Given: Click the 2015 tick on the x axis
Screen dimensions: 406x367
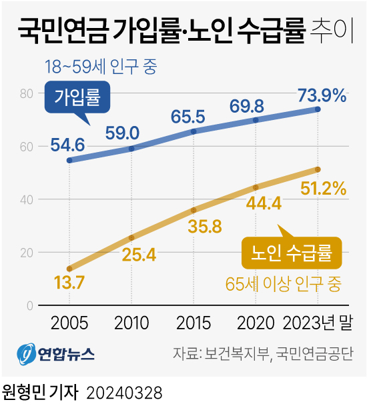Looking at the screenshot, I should (x=194, y=323).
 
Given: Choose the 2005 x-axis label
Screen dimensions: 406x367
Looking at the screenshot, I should (x=69, y=323).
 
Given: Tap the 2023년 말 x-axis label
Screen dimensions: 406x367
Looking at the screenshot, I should (x=318, y=323).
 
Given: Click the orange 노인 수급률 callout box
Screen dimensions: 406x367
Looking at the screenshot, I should (x=290, y=253).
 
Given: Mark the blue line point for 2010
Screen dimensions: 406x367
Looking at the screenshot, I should (x=131, y=148).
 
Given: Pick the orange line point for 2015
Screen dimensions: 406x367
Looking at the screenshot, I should (x=194, y=210).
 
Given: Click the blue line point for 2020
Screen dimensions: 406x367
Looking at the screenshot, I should (x=256, y=120).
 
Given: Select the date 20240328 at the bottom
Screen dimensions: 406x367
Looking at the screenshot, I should (x=124, y=391).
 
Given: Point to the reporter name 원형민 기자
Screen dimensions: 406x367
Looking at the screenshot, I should (x=40, y=391).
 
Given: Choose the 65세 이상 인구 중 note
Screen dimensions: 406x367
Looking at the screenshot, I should (x=283, y=285).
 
